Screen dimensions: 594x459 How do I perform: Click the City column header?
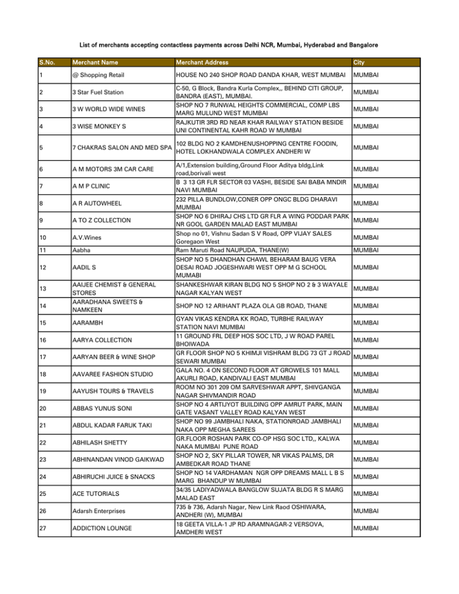(360, 62)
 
